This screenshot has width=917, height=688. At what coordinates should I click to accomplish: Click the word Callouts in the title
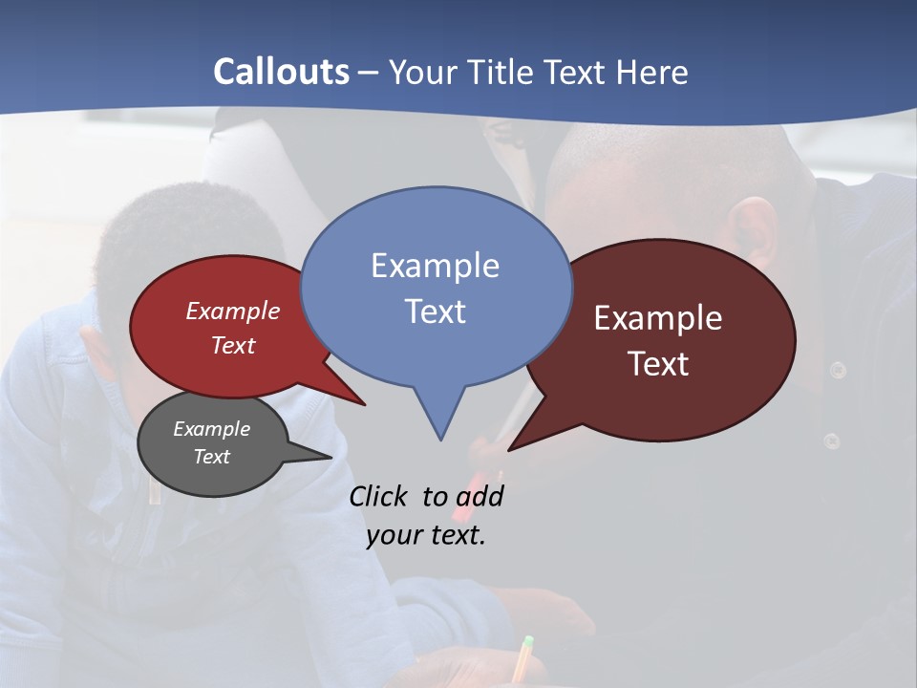pyautogui.click(x=281, y=72)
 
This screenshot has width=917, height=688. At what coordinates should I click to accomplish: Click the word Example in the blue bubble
pyautogui.click(x=435, y=266)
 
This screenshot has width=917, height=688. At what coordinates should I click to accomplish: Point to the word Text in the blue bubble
pyautogui.click(x=435, y=312)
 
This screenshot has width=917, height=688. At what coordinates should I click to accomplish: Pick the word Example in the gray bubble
pyautogui.click(x=211, y=429)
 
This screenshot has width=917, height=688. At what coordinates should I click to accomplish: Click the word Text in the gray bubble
pyautogui.click(x=211, y=457)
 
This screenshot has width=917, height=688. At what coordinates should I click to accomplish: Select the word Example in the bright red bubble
pyautogui.click(x=232, y=311)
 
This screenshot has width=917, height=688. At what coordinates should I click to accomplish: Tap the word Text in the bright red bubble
pyautogui.click(x=232, y=345)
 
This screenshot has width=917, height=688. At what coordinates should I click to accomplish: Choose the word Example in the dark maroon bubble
pyautogui.click(x=658, y=318)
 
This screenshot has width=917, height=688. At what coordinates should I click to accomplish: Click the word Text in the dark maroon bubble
pyautogui.click(x=658, y=364)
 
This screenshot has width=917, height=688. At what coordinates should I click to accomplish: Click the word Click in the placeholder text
pyautogui.click(x=377, y=497)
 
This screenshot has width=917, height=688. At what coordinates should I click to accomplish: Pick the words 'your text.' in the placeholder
pyautogui.click(x=426, y=535)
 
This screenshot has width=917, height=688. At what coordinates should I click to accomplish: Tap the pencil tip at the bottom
pyautogui.click(x=527, y=641)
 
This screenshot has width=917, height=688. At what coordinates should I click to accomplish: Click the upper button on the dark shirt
pyautogui.click(x=838, y=370)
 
